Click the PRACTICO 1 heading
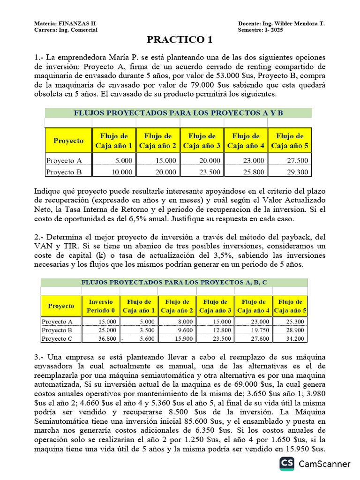coord(180,40)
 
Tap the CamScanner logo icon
coord(287,464)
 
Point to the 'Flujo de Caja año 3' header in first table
coord(202,141)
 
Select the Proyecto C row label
coord(57,338)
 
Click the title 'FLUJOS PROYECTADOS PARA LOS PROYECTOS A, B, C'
coord(174,283)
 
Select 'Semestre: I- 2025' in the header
coord(260,30)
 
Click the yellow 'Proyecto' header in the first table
coord(68,141)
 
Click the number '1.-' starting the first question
coord(39,57)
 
